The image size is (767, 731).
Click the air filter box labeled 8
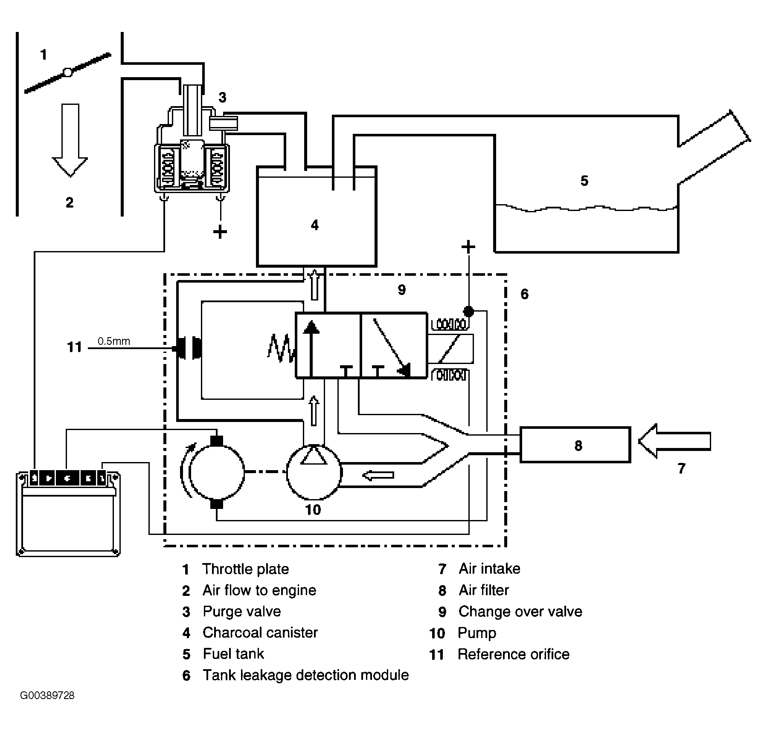(575, 445)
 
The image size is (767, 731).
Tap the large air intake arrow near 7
(674, 441)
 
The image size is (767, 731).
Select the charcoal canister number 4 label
(314, 225)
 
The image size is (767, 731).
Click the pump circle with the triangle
(314, 471)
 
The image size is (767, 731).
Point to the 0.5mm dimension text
(114, 341)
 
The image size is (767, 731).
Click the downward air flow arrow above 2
(70, 140)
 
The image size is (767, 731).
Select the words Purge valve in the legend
(242, 611)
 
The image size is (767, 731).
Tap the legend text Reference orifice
(514, 654)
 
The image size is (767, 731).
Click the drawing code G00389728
(47, 695)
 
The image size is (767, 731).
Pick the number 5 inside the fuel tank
(584, 181)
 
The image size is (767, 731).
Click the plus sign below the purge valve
(220, 232)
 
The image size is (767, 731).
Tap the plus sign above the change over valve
(468, 247)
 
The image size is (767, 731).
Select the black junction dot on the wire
(468, 311)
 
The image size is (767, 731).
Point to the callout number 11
(74, 347)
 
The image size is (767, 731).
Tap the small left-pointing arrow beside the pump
(378, 475)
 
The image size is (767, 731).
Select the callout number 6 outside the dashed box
(525, 294)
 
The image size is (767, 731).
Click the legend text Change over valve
(520, 611)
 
